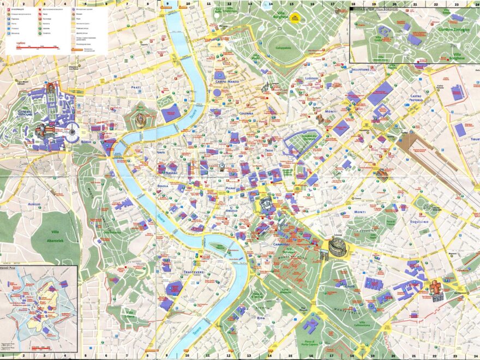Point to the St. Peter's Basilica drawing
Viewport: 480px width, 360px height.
[x=41, y=130]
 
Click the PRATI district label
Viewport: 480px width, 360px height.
[x=136, y=87]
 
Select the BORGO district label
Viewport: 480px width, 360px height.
[x=86, y=141]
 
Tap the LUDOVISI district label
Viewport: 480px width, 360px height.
[x=315, y=78]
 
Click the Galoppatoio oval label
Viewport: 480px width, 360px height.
[x=284, y=47]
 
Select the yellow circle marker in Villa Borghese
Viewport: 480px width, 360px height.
[x=295, y=18]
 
